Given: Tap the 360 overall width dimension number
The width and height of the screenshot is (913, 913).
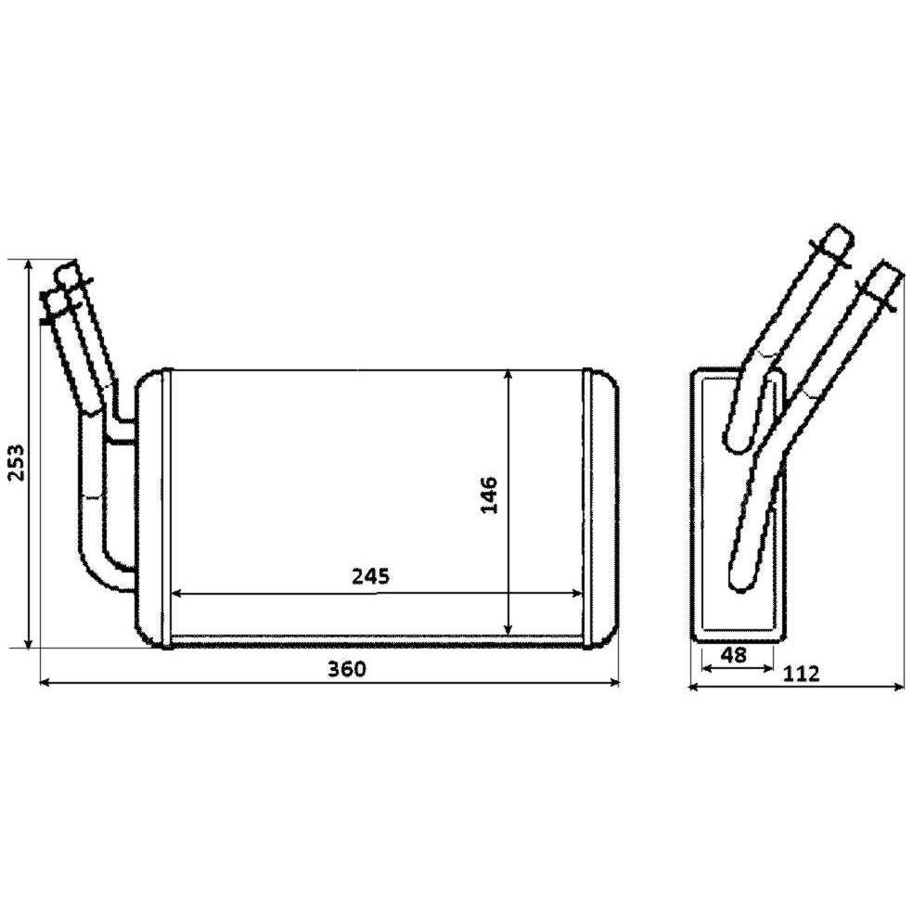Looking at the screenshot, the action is (x=347, y=668).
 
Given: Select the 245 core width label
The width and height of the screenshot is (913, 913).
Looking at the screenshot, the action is (x=370, y=576).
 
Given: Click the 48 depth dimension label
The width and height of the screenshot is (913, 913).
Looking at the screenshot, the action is (x=733, y=655).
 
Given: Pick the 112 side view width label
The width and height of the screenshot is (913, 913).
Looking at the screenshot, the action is (x=802, y=674).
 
